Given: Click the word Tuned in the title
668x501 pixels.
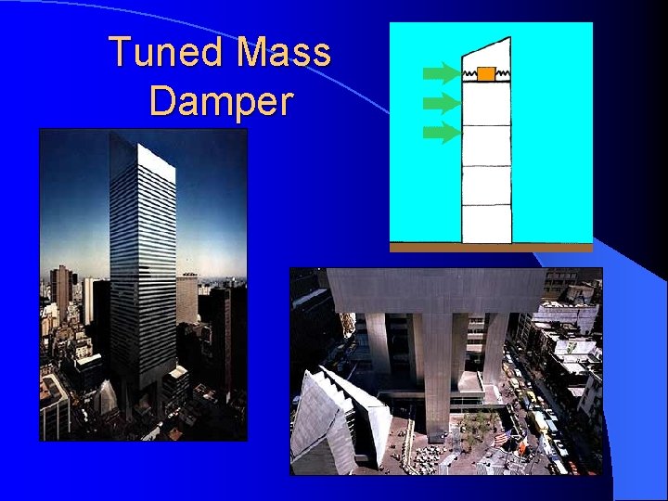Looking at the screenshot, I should [x=168, y=52].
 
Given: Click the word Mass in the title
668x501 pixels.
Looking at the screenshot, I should [x=284, y=52].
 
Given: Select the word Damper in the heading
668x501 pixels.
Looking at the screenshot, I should [x=221, y=101].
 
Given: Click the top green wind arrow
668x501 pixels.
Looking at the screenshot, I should [x=442, y=72].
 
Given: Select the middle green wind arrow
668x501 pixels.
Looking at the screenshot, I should [x=442, y=102].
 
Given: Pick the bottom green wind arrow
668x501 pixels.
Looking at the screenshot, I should [x=442, y=133].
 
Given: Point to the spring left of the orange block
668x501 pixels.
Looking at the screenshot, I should [x=469, y=72].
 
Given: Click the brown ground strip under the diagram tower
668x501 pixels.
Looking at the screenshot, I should [x=491, y=248].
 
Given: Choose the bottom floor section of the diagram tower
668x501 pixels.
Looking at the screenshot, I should [x=487, y=224].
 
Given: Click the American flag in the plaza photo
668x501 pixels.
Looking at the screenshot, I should [x=501, y=436].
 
